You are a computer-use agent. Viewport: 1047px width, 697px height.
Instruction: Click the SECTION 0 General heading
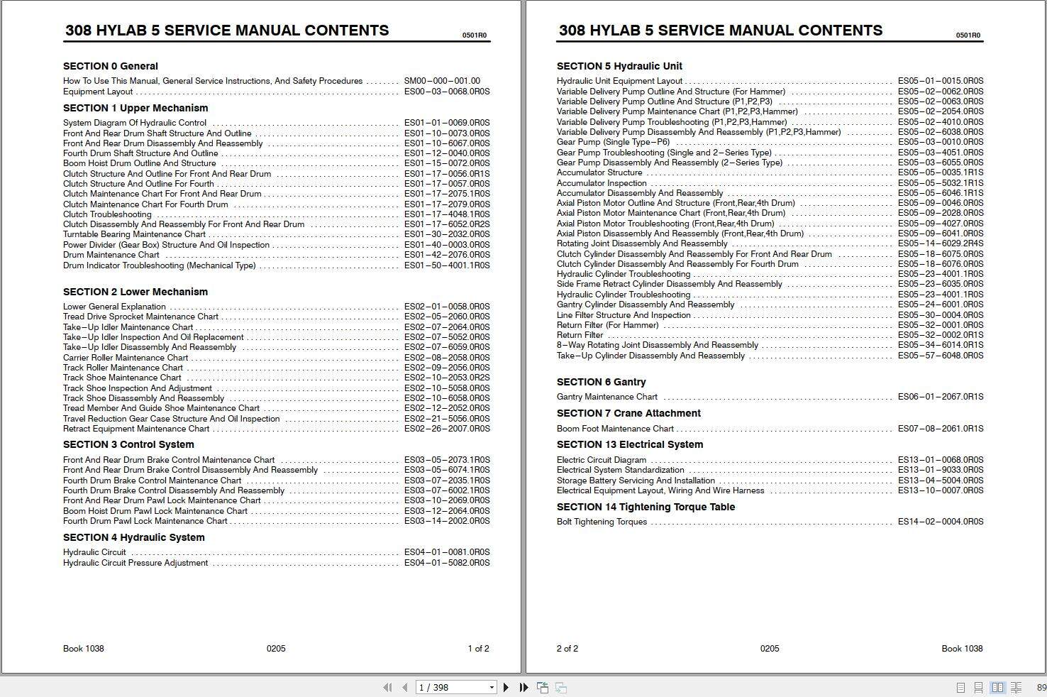[110, 66]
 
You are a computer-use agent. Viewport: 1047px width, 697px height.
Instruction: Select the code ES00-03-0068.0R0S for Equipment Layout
[446, 92]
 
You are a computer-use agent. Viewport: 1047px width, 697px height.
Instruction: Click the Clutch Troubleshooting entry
[107, 214]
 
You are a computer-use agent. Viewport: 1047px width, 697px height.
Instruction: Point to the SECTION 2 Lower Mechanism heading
[135, 292]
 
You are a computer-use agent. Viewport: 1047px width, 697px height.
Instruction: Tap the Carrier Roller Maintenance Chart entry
[126, 358]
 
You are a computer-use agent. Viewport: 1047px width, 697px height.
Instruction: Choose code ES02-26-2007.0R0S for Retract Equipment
[446, 429]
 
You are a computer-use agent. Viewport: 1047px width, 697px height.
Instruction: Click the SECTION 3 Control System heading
[128, 444]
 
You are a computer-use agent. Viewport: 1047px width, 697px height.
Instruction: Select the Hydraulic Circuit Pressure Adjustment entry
[135, 563]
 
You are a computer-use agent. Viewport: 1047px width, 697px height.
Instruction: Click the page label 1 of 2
[478, 648]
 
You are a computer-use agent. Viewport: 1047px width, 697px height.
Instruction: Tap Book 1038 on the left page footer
[83, 648]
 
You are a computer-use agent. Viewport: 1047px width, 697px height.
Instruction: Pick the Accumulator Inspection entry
[601, 183]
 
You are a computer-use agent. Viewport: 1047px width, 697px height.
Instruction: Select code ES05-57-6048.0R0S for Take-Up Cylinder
[940, 356]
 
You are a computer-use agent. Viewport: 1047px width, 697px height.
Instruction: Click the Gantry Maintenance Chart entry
[606, 397]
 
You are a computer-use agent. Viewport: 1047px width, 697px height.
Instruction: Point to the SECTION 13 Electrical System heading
[629, 444]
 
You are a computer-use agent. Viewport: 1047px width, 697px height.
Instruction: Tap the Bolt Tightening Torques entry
[602, 522]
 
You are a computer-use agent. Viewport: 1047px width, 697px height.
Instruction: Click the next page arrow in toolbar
[506, 687]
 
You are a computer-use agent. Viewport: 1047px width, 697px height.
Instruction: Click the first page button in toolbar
[387, 687]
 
